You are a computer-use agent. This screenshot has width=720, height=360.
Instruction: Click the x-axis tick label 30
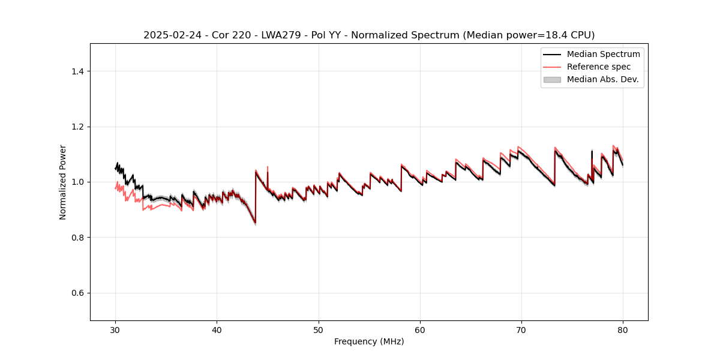115,329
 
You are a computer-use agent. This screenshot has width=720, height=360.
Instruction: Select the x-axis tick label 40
217,329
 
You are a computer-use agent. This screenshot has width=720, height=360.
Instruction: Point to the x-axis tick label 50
319,329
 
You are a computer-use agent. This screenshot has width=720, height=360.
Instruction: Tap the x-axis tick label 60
420,329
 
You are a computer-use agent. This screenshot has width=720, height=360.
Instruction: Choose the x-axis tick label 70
521,329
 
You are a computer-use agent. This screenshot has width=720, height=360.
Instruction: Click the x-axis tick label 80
623,329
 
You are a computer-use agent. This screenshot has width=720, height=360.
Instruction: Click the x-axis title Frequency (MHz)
369,341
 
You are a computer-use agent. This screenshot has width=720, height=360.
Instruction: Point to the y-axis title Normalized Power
63,182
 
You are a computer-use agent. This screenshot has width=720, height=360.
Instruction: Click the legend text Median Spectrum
603,54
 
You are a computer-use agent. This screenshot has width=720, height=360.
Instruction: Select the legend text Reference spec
599,67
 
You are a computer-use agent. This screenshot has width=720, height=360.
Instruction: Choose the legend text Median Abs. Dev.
602,79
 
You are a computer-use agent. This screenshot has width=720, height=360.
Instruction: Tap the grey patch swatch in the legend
552,79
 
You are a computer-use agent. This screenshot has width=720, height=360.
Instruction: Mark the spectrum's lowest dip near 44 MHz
255,223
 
